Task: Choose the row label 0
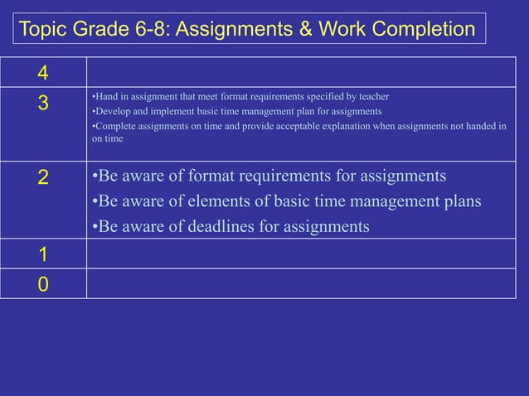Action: pyautogui.click(x=41, y=284)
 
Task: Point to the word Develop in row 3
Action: pyautogui.click(x=111, y=112)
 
